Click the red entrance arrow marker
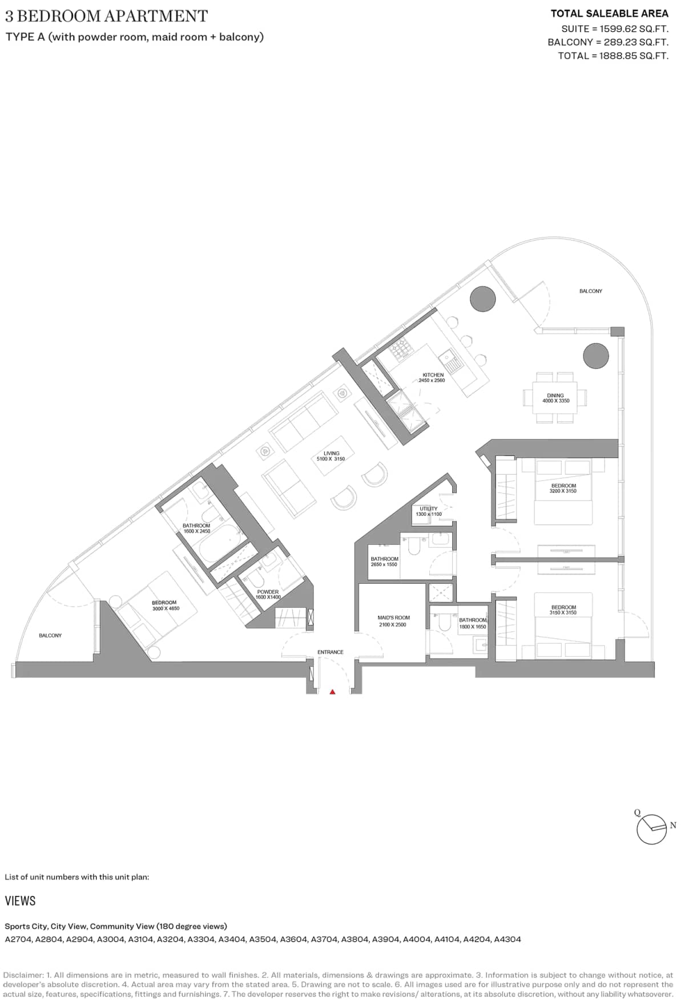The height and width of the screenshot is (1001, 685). (332, 692)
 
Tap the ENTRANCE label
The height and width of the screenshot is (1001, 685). (331, 652)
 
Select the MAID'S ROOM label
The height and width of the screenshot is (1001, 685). (393, 617)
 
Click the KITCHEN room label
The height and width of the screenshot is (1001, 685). (433, 375)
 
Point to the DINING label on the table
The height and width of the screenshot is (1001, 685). (555, 395)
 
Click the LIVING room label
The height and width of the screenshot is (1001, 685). (331, 454)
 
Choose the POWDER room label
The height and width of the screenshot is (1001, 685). (268, 592)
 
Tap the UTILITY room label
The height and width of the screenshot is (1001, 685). (428, 508)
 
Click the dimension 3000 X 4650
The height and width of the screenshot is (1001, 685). (166, 608)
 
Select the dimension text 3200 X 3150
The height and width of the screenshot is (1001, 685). (563, 491)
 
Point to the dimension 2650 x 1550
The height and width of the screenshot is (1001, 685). (384, 564)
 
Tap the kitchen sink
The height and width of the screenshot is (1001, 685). (450, 361)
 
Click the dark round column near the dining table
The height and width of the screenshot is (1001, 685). (595, 356)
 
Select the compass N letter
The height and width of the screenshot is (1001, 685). (673, 825)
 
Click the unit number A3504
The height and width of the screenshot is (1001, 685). (264, 939)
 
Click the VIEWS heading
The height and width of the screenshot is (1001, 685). (20, 901)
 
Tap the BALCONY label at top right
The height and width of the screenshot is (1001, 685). (590, 291)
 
